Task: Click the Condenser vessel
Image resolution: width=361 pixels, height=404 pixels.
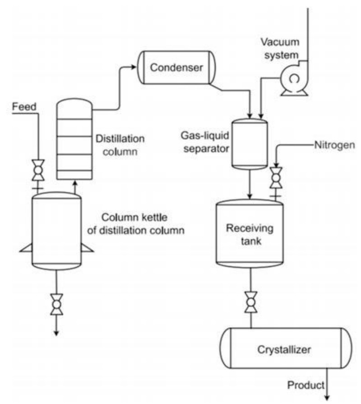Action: pos(176,68)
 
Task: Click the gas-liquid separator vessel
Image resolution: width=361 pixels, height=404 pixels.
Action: pos(250,142)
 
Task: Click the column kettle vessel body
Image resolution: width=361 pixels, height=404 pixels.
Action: pos(57,230)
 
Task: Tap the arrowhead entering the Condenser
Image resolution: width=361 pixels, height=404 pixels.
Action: pos(134,67)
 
